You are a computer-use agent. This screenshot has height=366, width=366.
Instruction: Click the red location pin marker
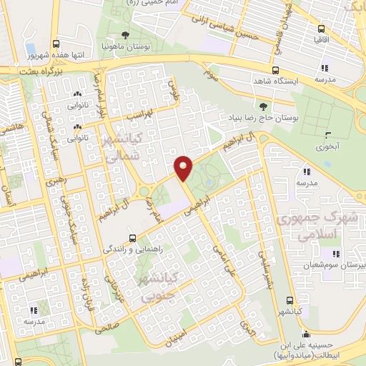[184, 167]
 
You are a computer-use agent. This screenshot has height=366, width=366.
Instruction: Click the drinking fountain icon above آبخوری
[327, 135]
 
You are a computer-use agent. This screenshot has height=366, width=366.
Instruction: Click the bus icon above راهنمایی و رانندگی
[132, 238]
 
